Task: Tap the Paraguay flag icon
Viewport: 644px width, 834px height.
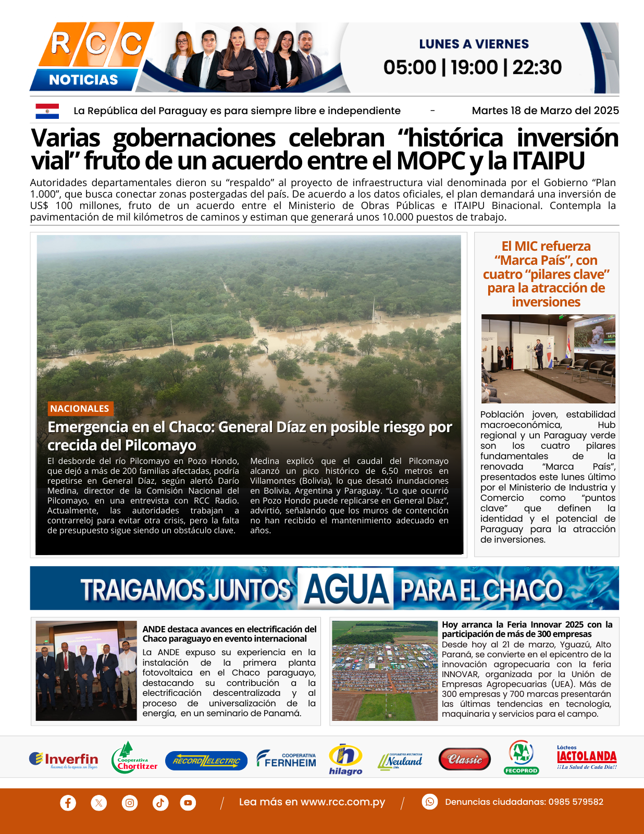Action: click(47, 111)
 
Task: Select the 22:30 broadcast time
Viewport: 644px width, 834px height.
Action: click(537, 67)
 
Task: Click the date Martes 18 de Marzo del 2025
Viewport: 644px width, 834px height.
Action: click(545, 111)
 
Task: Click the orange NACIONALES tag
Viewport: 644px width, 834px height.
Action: click(80, 409)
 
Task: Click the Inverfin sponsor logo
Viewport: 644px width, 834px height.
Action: click(64, 760)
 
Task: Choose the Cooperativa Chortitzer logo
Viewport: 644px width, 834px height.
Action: click(134, 758)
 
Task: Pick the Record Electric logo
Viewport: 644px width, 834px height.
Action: click(206, 761)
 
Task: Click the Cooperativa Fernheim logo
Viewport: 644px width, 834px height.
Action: click(287, 759)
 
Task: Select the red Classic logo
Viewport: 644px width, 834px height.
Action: click(464, 759)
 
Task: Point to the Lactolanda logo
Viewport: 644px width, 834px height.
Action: click(587, 757)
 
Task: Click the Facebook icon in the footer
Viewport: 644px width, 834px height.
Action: click(68, 802)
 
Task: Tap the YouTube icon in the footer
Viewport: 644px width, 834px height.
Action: click(188, 802)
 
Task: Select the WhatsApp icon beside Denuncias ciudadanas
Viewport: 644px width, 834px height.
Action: click(429, 802)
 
